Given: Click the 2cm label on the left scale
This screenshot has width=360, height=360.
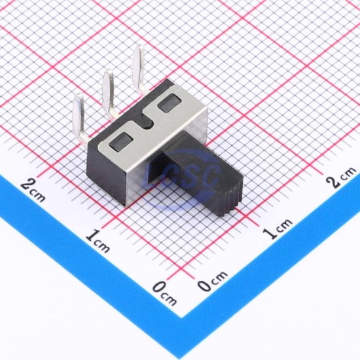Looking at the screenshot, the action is (33, 190).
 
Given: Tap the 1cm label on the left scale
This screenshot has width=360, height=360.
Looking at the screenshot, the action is (98, 240).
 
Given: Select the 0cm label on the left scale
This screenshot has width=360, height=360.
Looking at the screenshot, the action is (165, 291).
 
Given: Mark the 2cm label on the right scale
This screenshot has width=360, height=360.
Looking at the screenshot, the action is (342, 177).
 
